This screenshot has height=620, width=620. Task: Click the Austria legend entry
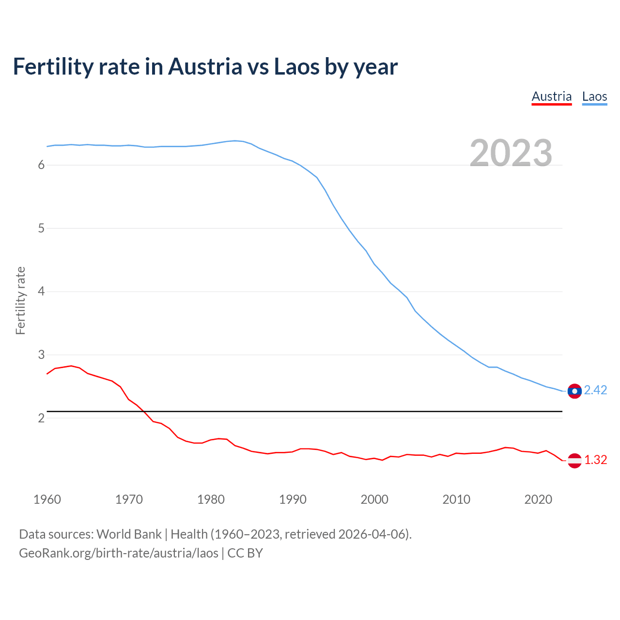coord(552,96)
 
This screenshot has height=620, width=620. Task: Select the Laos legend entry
coord(594,96)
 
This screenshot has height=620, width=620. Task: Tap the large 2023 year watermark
coord(511,153)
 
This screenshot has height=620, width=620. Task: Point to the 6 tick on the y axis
coord(41,165)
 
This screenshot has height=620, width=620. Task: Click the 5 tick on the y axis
coord(41,228)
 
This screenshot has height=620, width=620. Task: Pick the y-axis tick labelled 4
coord(41,292)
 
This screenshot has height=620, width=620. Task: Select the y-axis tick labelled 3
coord(41,355)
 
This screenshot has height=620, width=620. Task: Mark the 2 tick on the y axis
coord(41,418)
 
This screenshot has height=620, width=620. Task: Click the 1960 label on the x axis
coord(47,499)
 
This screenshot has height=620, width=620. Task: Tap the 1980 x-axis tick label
coord(211,499)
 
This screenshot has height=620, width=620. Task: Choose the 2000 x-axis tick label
coord(374,499)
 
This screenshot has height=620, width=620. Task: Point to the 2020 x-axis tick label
coord(538,499)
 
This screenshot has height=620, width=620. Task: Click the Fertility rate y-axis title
coord(20,300)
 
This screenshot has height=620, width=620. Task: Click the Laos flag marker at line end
coord(574,391)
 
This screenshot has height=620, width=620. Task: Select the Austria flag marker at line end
coord(574,460)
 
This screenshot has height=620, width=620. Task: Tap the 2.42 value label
coord(595,390)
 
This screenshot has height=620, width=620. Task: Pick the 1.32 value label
coord(595,460)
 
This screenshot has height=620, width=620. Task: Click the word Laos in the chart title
coord(296,67)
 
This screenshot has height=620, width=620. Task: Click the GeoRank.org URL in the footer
coord(119,553)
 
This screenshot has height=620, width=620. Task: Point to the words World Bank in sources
coord(129,534)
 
